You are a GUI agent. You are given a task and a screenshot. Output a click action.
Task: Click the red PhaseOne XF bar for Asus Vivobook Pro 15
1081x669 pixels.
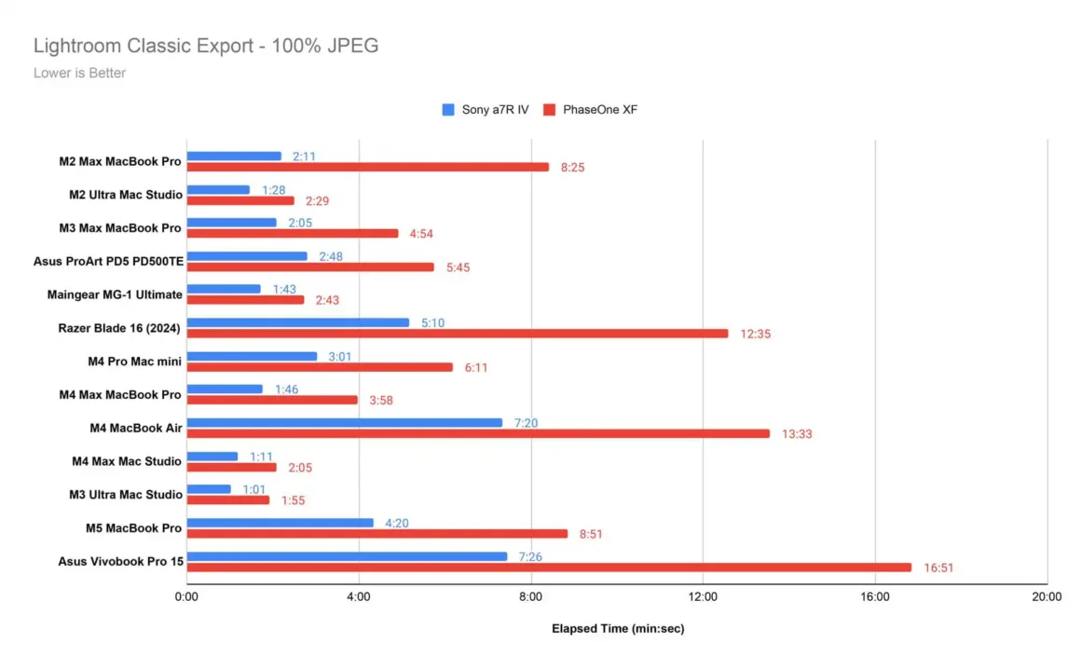click(x=549, y=567)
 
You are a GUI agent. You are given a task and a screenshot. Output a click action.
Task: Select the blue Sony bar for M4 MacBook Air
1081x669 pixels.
click(x=344, y=423)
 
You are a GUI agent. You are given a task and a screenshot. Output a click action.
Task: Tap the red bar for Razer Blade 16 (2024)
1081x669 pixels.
click(x=457, y=334)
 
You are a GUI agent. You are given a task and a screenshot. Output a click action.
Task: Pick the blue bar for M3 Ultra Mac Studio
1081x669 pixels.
click(x=209, y=489)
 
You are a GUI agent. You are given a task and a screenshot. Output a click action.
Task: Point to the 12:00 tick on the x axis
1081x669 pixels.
click(x=703, y=597)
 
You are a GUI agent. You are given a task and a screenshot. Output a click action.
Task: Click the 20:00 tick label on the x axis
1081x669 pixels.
click(x=1047, y=597)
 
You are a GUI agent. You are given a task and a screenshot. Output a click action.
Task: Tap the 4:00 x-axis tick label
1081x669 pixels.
click(x=359, y=597)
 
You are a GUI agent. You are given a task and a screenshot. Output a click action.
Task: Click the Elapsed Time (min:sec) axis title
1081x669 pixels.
click(x=617, y=629)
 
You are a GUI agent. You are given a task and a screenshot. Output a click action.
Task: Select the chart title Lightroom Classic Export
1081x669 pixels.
click(x=206, y=46)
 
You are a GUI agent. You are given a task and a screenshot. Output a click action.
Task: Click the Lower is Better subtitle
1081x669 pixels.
click(x=79, y=73)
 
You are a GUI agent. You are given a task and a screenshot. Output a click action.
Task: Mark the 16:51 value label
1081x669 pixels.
click(x=938, y=567)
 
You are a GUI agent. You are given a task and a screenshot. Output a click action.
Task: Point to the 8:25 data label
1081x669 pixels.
click(x=573, y=168)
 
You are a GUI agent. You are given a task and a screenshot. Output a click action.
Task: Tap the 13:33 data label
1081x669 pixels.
click(x=797, y=434)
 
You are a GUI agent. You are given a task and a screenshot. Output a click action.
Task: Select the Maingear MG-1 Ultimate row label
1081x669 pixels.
click(x=115, y=294)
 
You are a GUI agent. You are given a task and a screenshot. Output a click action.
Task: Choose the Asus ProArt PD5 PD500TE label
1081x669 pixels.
click(x=108, y=261)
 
